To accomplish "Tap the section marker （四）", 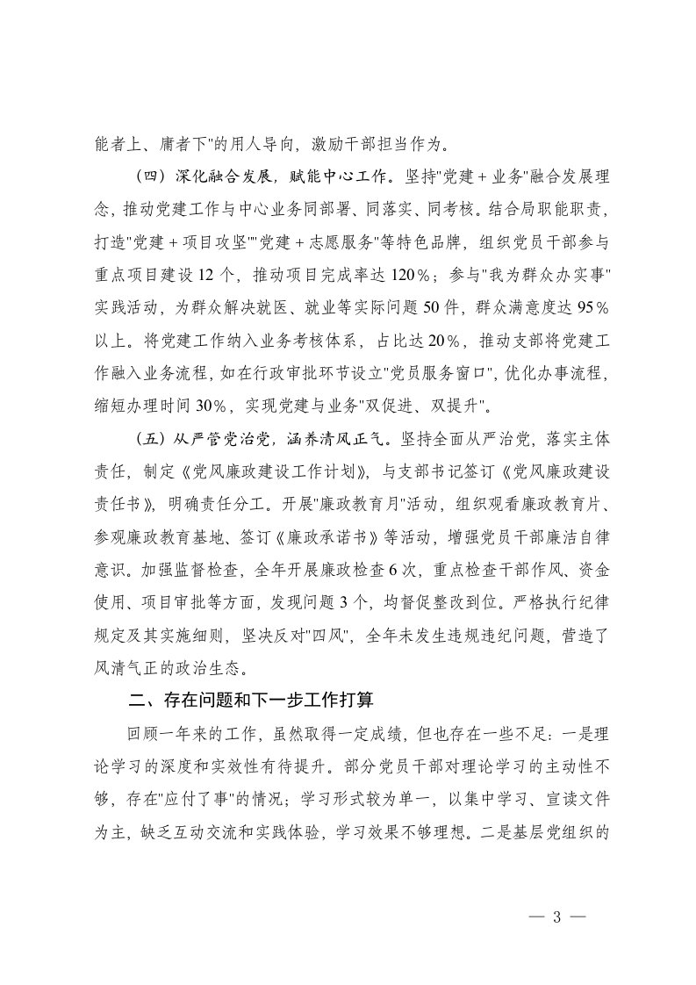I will [x=147, y=176].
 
